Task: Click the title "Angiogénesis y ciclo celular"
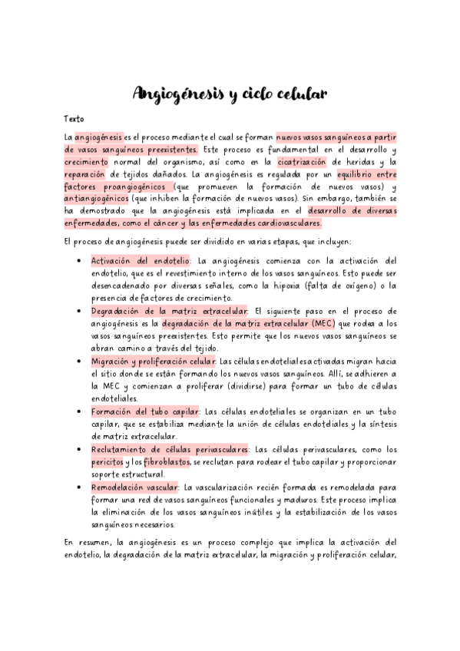coord(230,94)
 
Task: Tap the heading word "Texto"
coord(74,119)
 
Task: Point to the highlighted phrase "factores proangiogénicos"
coord(114,187)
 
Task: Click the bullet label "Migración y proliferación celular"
coord(154,361)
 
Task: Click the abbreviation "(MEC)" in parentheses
coord(298,323)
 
